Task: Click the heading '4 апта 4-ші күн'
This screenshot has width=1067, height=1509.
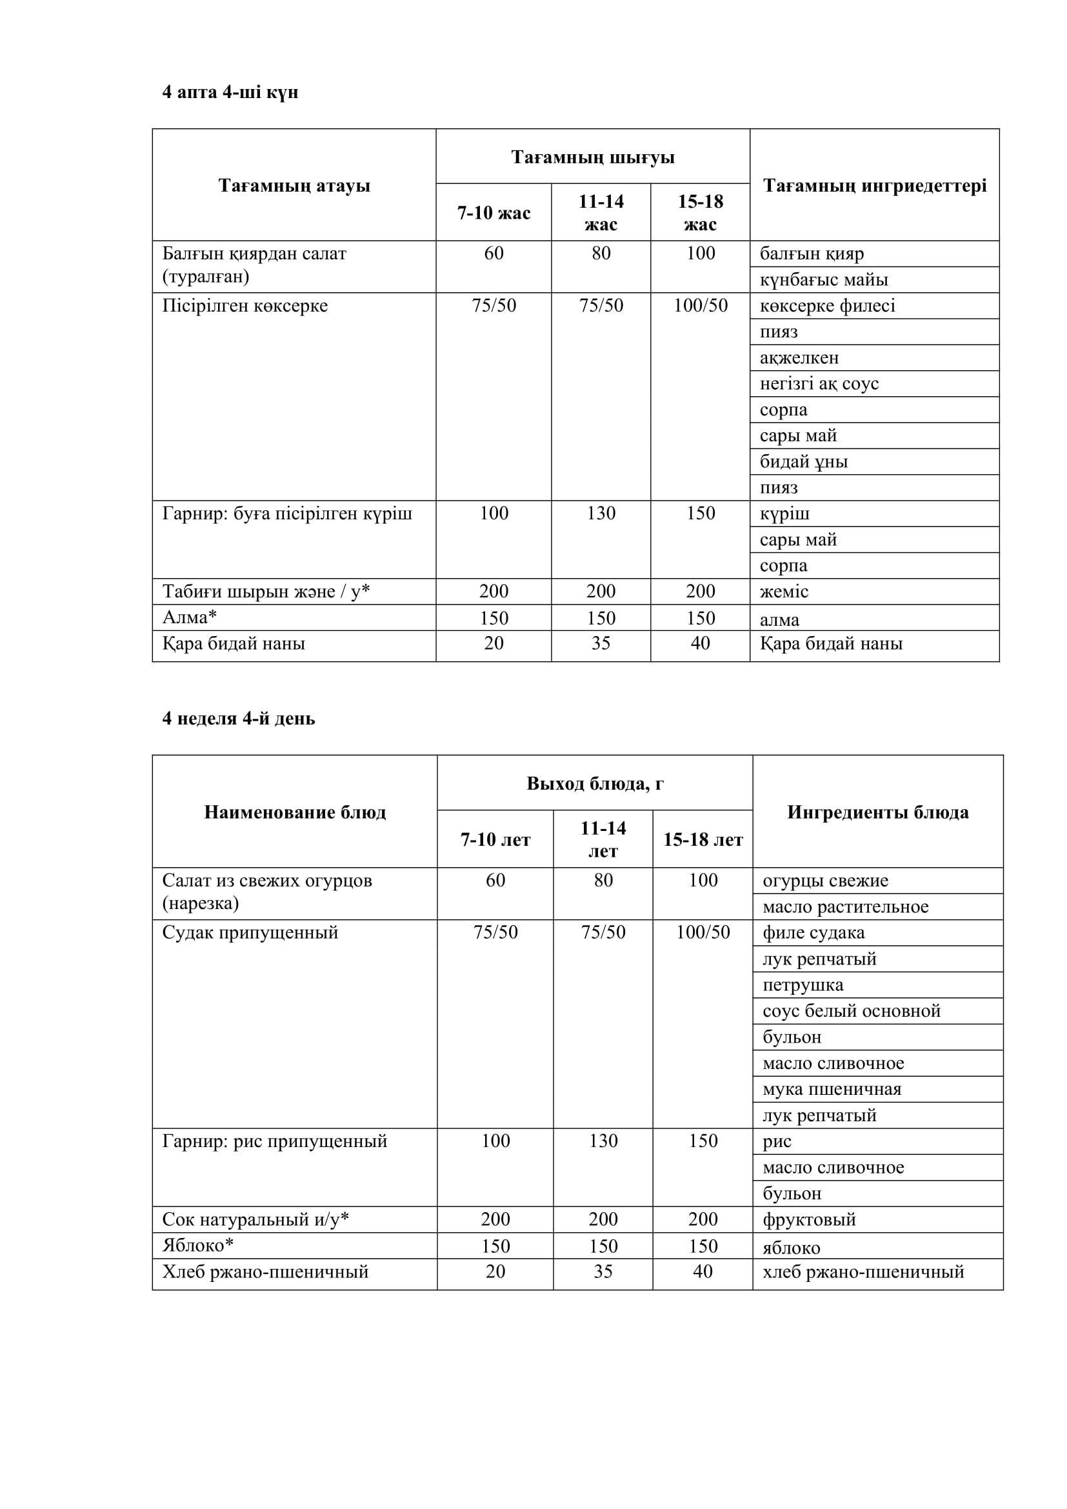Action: click(x=230, y=92)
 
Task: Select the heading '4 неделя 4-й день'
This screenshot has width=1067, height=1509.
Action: click(x=239, y=718)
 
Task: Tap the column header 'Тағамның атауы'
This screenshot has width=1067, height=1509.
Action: click(x=294, y=185)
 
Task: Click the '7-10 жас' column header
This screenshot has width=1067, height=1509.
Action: click(x=494, y=213)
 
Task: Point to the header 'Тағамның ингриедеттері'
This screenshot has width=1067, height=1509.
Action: click(x=875, y=185)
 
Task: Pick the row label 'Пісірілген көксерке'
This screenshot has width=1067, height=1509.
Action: click(x=245, y=306)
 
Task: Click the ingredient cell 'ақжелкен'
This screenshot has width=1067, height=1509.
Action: click(x=799, y=357)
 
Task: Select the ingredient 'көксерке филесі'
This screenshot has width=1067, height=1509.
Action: click(x=827, y=306)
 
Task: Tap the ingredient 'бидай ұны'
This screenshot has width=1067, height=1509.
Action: click(x=804, y=461)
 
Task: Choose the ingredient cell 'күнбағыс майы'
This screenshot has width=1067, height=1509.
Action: click(x=824, y=280)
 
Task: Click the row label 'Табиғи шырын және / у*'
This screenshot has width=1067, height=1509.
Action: click(x=266, y=592)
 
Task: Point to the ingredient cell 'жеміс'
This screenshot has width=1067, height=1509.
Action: click(x=784, y=592)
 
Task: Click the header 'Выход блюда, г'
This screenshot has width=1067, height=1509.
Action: click(x=595, y=783)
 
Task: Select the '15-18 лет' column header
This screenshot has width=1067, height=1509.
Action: click(x=703, y=839)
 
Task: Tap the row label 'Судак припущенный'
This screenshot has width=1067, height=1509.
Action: click(x=250, y=933)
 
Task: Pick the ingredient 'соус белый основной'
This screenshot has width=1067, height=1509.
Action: click(x=852, y=1011)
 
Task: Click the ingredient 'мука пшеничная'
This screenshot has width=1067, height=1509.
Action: click(x=832, y=1089)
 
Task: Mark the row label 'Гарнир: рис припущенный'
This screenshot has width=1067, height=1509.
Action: click(x=275, y=1141)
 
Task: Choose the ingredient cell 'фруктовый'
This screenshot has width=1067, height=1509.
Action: click(x=809, y=1219)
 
